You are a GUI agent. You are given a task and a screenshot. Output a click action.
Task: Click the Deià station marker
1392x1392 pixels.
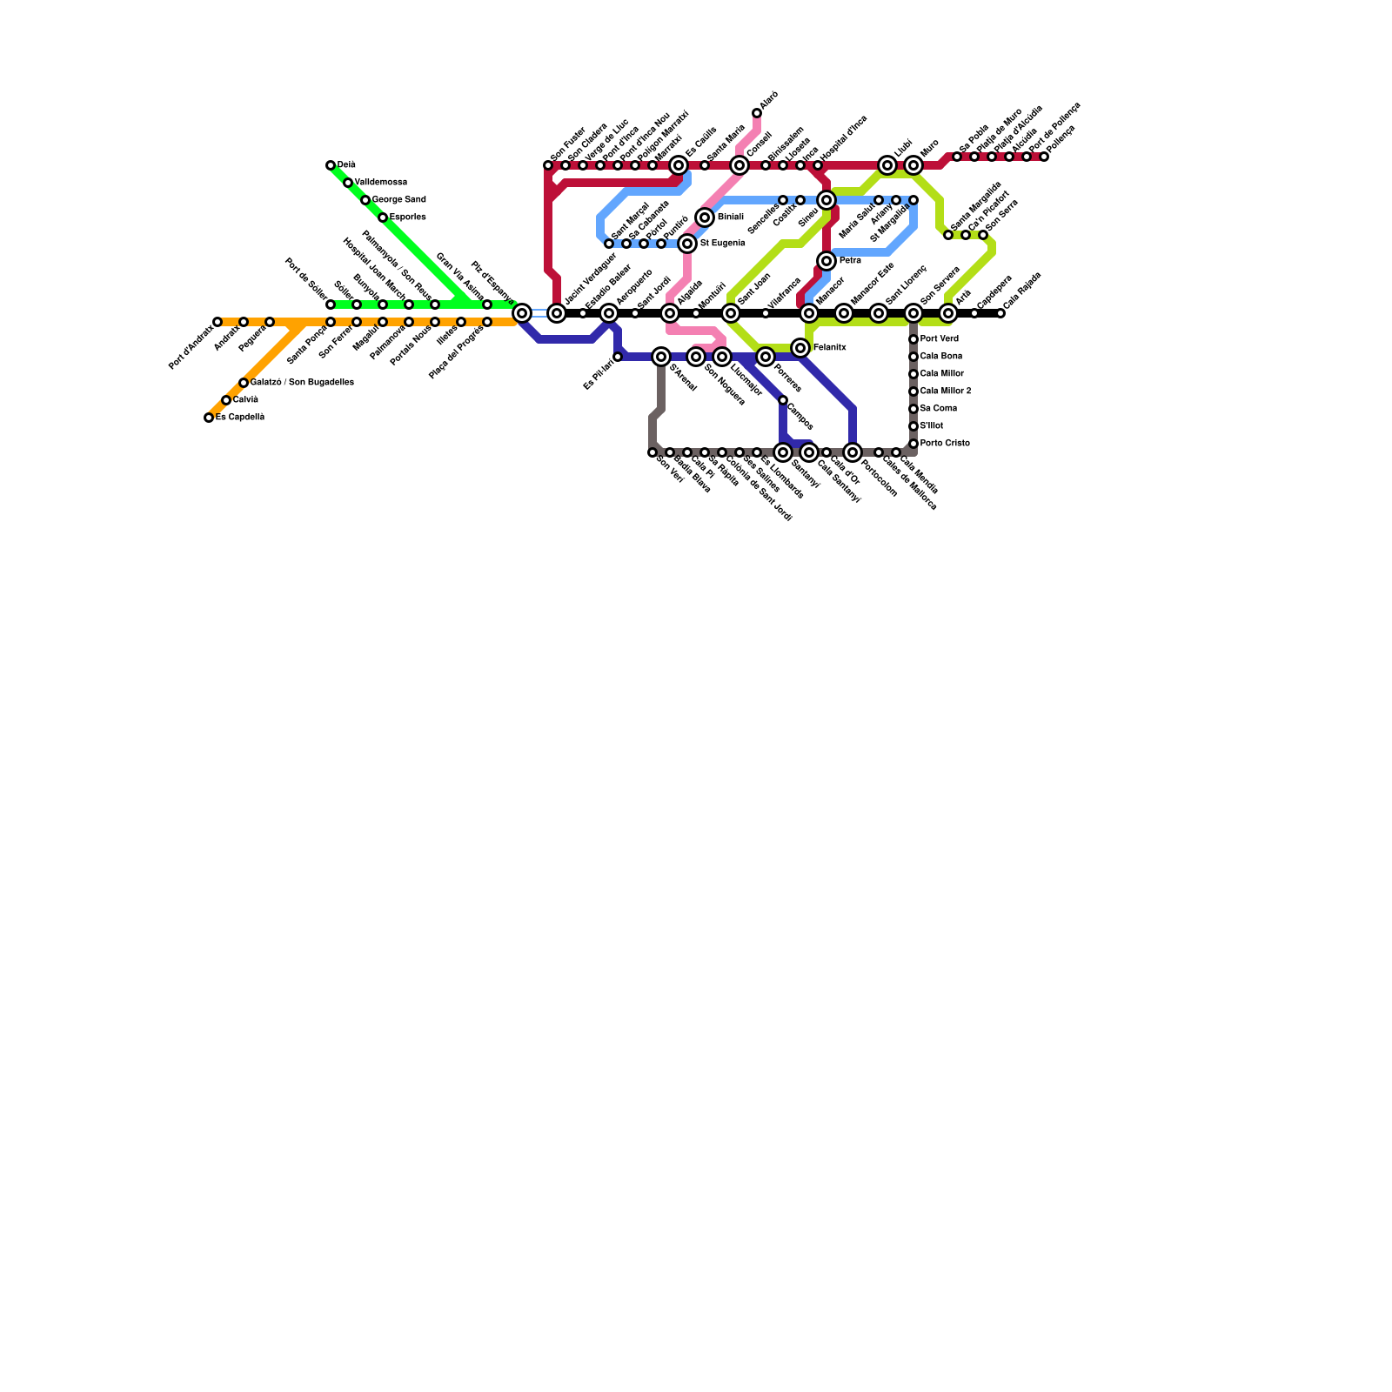pyautogui.click(x=331, y=165)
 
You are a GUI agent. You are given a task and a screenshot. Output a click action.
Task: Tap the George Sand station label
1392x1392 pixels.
pyautogui.click(x=398, y=200)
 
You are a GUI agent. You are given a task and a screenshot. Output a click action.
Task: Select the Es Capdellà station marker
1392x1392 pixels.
pyautogui.click(x=209, y=418)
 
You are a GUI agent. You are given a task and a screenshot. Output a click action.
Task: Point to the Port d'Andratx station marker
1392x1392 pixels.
pyautogui.click(x=217, y=322)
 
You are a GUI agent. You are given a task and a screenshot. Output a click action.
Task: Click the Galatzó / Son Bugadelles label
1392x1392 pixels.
pyautogui.click(x=301, y=383)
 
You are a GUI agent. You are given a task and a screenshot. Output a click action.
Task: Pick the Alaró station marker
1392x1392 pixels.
pyautogui.click(x=757, y=113)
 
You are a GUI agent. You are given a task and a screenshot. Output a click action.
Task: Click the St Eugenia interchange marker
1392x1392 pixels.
pyautogui.click(x=687, y=244)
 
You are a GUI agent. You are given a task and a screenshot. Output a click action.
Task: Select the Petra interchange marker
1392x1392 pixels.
pyautogui.click(x=826, y=261)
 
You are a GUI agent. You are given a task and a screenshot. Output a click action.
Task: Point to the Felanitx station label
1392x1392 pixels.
pyautogui.click(x=829, y=348)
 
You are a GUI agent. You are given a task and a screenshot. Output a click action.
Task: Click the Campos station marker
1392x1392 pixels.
pyautogui.click(x=783, y=400)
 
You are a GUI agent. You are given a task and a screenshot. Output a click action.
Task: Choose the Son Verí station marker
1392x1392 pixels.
pyautogui.click(x=652, y=452)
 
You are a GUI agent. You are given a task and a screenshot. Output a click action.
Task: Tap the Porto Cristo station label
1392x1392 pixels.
pyautogui.click(x=945, y=444)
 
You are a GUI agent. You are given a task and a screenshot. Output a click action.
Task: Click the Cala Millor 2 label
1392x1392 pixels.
pyautogui.click(x=945, y=391)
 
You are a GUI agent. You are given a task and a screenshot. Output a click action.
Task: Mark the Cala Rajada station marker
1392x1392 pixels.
pyautogui.click(x=1000, y=313)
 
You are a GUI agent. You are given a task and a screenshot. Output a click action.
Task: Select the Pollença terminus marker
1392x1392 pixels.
pyautogui.click(x=1044, y=157)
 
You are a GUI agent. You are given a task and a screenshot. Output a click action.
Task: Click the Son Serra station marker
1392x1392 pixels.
pyautogui.click(x=983, y=235)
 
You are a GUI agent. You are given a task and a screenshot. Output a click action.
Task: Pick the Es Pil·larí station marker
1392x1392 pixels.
pyautogui.click(x=618, y=357)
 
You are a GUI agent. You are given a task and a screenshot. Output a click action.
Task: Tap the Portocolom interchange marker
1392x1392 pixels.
pyautogui.click(x=853, y=452)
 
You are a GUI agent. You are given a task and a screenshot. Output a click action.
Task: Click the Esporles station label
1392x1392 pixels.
pyautogui.click(x=407, y=217)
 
